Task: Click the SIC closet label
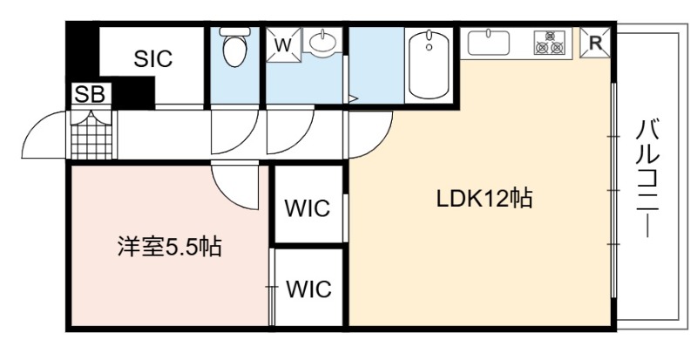coord(153,59)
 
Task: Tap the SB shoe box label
coord(90,94)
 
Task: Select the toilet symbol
coord(233,48)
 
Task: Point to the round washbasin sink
coord(323,42)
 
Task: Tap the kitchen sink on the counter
coord(490,42)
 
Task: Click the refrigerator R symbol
coord(597,41)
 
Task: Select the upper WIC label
coord(308,208)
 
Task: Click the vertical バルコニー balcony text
coord(647,180)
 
